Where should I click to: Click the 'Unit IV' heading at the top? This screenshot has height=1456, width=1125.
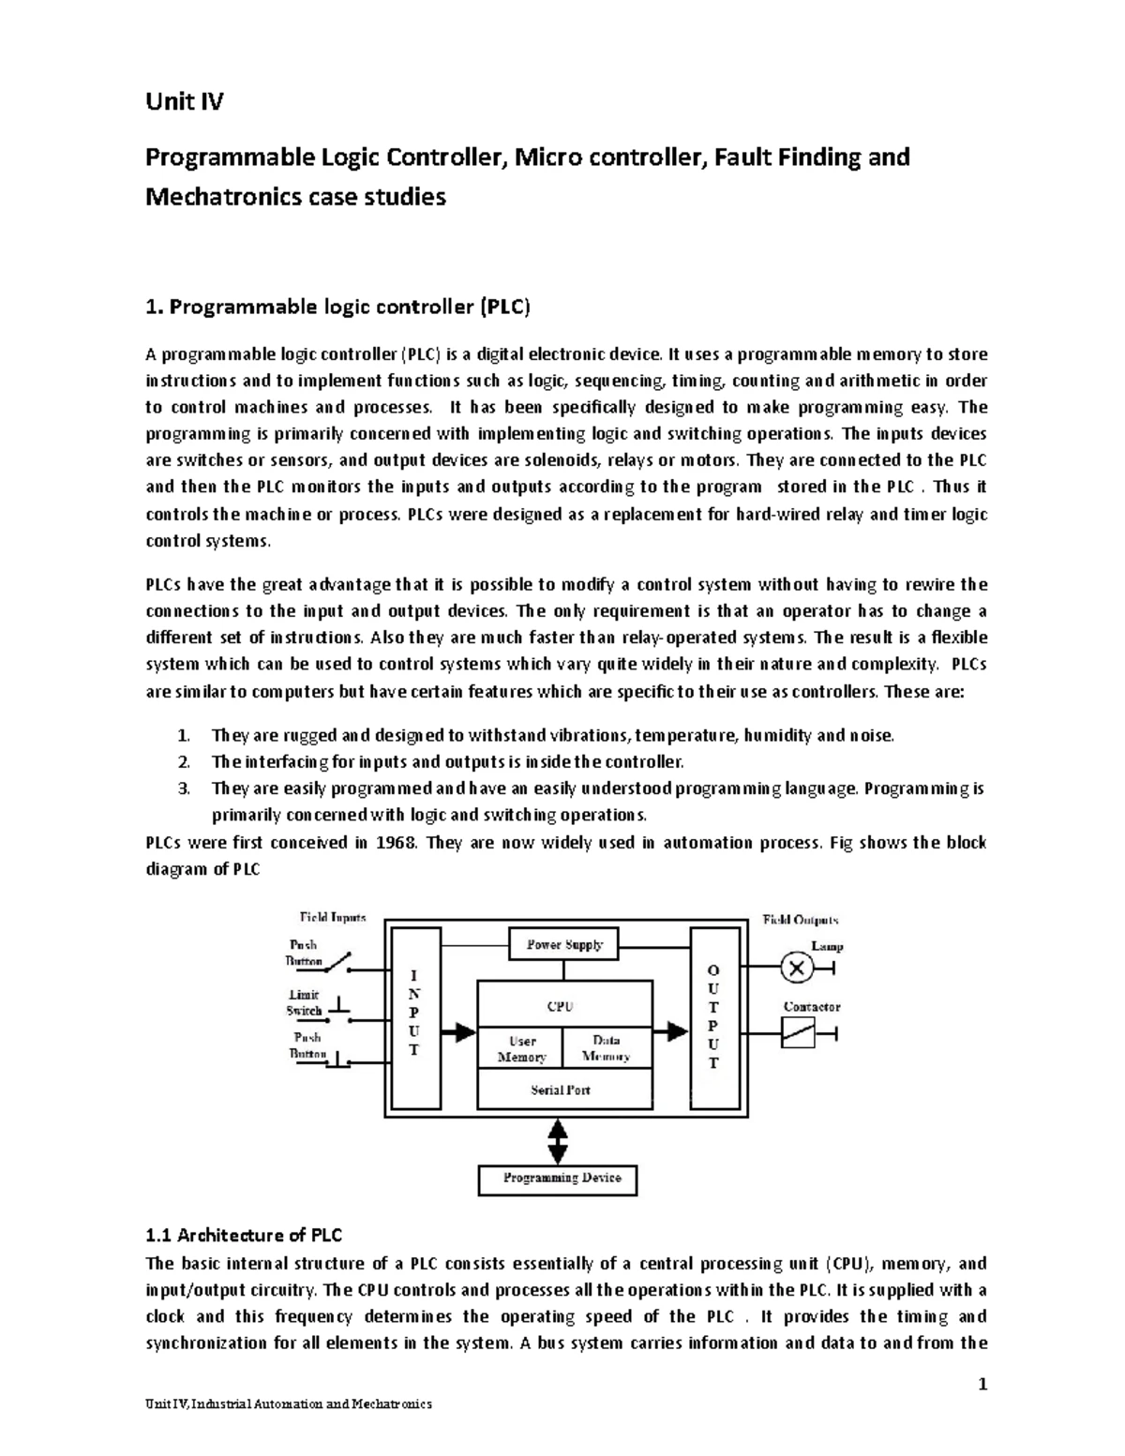pyautogui.click(x=184, y=101)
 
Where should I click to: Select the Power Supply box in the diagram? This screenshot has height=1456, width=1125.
pyautogui.click(x=563, y=945)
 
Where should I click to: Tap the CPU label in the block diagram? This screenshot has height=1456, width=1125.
pyautogui.click(x=560, y=1006)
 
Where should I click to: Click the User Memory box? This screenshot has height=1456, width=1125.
pyautogui.click(x=521, y=1049)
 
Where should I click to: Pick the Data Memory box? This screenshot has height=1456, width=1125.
pyautogui.click(x=607, y=1049)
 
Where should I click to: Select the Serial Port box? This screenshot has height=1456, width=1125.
pyautogui.click(x=561, y=1090)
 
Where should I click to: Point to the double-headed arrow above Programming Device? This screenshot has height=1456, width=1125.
pyautogui.click(x=559, y=1142)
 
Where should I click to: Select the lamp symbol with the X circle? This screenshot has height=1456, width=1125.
pyautogui.click(x=797, y=969)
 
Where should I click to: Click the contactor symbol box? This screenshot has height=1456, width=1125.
pyautogui.click(x=798, y=1033)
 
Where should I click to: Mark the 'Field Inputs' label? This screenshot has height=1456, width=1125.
pyautogui.click(x=333, y=917)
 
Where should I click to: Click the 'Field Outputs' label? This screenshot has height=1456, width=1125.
pyautogui.click(x=801, y=920)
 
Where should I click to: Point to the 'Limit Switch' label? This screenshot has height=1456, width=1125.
pyautogui.click(x=303, y=1002)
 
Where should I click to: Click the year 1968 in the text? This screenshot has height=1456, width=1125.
pyautogui.click(x=395, y=842)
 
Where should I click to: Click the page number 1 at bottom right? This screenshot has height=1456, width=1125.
pyautogui.click(x=982, y=1385)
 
